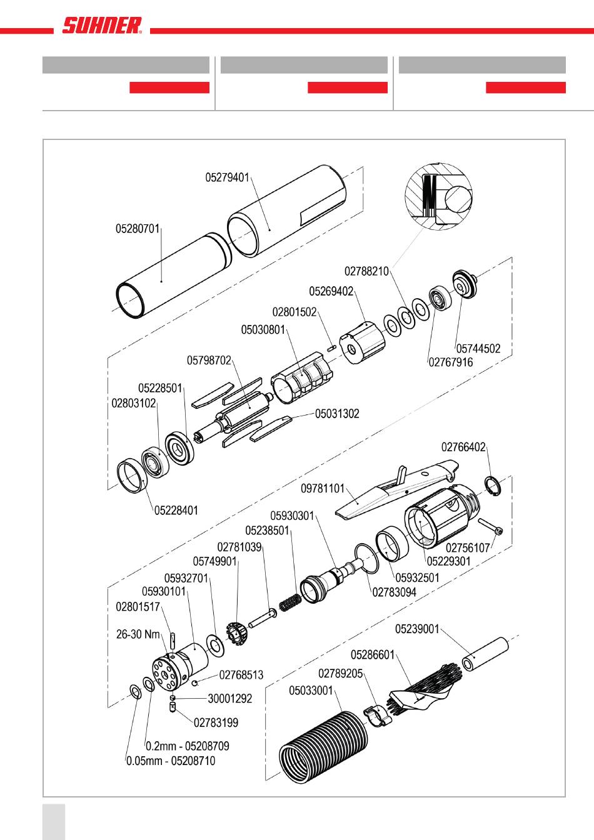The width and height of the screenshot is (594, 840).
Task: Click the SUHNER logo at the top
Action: [x=102, y=26]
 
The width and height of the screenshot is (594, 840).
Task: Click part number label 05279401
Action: [x=227, y=177]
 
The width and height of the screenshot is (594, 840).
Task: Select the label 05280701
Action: [x=138, y=229]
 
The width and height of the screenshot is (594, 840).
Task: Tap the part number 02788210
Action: [x=366, y=271]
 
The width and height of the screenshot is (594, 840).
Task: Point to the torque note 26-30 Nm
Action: [x=138, y=634]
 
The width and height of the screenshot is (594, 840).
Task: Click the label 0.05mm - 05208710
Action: [x=171, y=761]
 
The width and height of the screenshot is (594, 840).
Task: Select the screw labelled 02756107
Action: [x=490, y=526]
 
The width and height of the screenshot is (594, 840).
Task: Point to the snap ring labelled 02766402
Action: [x=493, y=485]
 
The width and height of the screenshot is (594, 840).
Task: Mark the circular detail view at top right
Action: [x=439, y=194]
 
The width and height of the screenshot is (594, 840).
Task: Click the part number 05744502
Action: [x=478, y=349]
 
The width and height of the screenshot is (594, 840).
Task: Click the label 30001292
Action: [x=229, y=699]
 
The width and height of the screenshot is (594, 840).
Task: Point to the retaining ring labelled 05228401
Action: [x=132, y=476]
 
